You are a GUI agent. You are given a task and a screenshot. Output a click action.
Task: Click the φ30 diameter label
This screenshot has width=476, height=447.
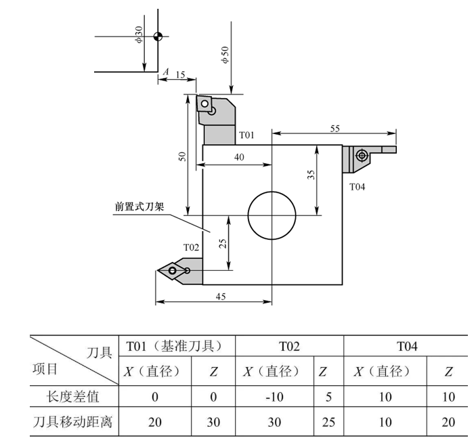pos(139,35)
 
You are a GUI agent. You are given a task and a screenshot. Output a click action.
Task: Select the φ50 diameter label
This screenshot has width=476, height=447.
pos(225,56)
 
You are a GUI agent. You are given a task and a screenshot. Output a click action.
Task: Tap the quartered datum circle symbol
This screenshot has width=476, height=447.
pos(157,36)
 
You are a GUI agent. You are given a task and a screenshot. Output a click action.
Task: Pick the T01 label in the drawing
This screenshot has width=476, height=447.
pos(246,135)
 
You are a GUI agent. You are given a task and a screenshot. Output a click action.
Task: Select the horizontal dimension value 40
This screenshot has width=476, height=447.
pos(238,157)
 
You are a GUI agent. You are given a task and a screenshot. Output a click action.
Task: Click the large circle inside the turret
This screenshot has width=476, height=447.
pos(272,215)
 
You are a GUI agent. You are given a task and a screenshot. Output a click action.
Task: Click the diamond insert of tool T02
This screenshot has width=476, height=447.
pos(171,271)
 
